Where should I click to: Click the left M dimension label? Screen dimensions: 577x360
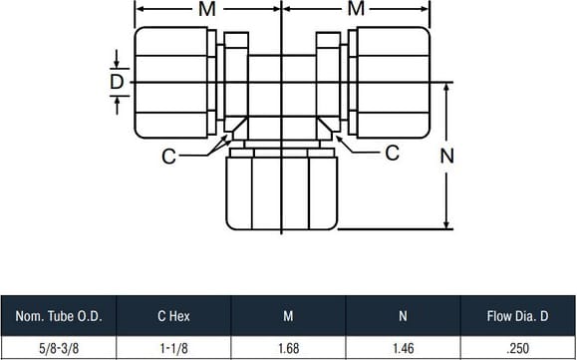pos(207,9)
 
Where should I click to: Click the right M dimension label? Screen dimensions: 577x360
pos(356,9)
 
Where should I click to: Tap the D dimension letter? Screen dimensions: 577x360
pos(117,82)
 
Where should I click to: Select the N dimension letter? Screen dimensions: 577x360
pos(447,157)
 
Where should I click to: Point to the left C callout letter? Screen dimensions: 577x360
pos(168,157)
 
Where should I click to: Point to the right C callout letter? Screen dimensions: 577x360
pos(393,153)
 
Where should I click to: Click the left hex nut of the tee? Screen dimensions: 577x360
pos(171,83)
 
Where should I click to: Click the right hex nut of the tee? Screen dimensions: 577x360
pos(394,83)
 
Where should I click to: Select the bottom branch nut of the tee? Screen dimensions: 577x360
pos(281,193)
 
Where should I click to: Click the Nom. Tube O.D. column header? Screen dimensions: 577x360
pos(59,316)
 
